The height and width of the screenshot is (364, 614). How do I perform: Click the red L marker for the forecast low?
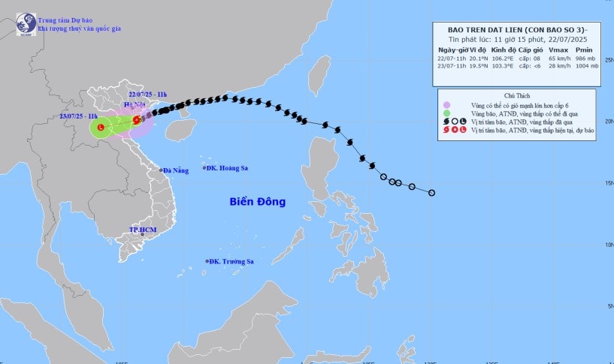(x=100, y=128)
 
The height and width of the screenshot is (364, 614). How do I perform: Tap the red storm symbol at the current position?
(x=137, y=119)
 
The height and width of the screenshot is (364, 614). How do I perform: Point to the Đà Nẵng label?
(x=175, y=171)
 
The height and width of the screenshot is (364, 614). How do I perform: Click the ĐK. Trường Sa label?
(x=233, y=261)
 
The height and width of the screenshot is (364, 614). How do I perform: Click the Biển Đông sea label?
(x=258, y=202)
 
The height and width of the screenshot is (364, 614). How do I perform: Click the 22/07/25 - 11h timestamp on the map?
(x=147, y=94)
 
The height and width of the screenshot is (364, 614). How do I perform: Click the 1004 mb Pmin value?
(x=588, y=66)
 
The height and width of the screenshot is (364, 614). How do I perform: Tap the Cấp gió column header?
(x=532, y=49)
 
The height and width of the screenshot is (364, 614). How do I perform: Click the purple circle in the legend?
(x=446, y=105)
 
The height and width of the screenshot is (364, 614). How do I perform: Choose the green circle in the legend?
(x=446, y=113)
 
